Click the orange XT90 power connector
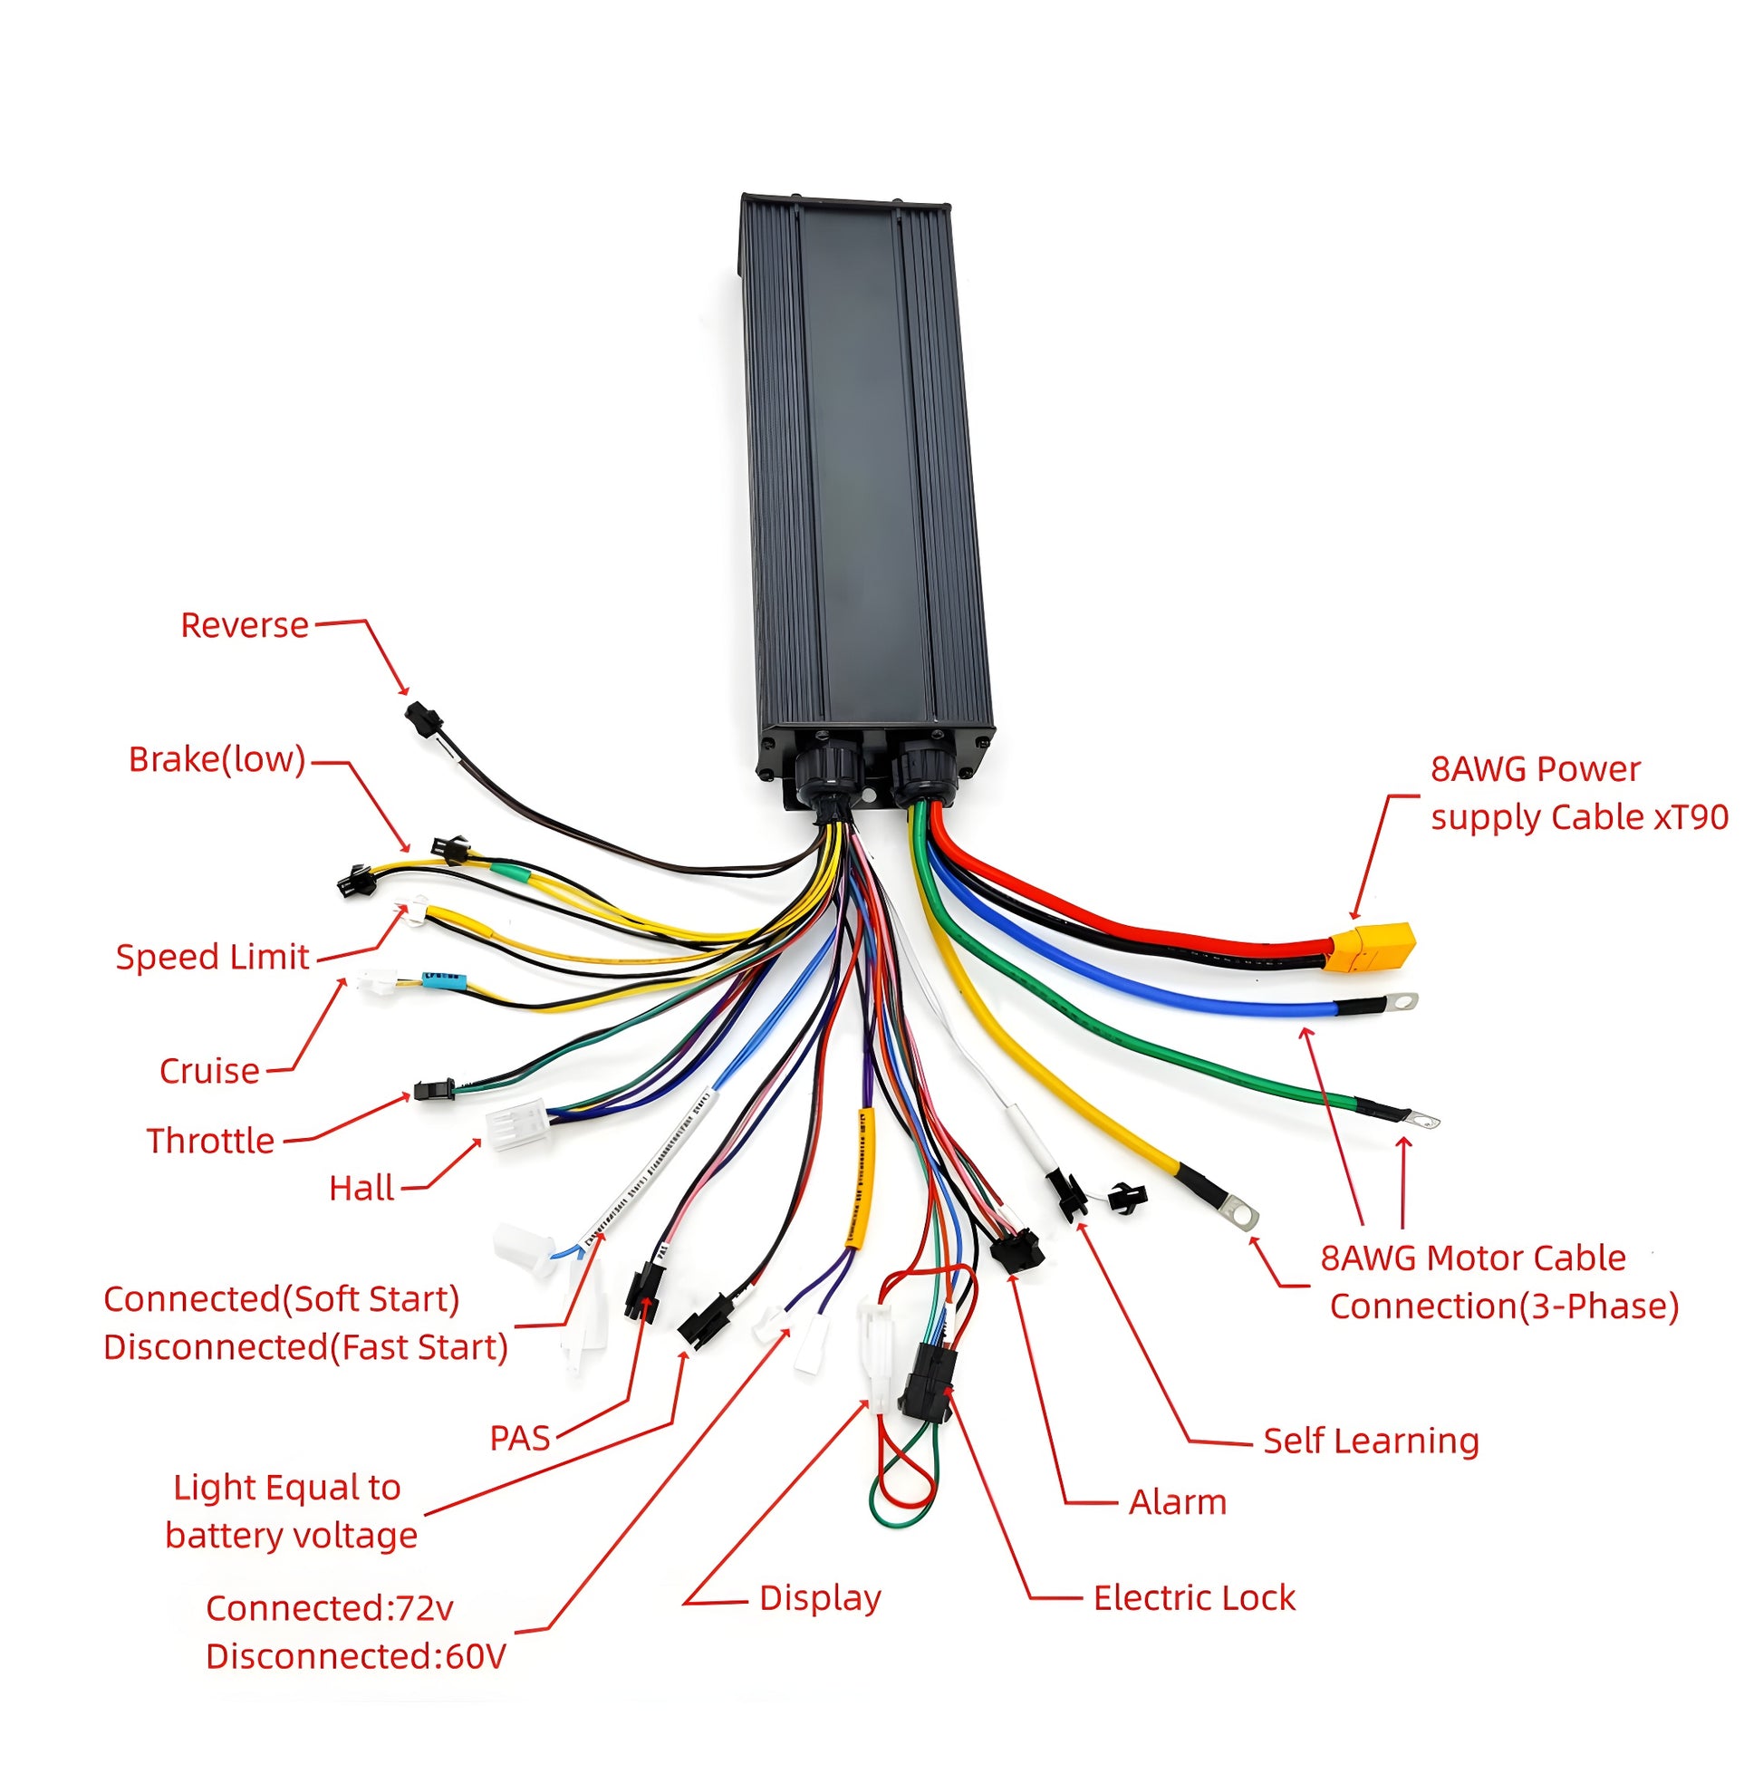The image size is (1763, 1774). (1372, 947)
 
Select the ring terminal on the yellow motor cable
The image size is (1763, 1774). (1243, 1217)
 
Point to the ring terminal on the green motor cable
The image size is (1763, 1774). (1424, 1119)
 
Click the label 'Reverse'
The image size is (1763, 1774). (245, 625)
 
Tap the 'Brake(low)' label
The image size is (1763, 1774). (217, 759)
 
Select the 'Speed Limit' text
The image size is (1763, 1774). (212, 957)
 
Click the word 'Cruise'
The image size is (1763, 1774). (209, 1071)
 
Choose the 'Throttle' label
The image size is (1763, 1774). (210, 1141)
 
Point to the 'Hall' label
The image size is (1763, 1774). (361, 1188)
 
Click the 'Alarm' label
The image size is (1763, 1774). (1177, 1502)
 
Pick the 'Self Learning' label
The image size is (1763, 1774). (1370, 1441)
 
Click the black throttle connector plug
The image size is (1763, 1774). (433, 1091)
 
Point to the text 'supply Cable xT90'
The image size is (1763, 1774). (1579, 817)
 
